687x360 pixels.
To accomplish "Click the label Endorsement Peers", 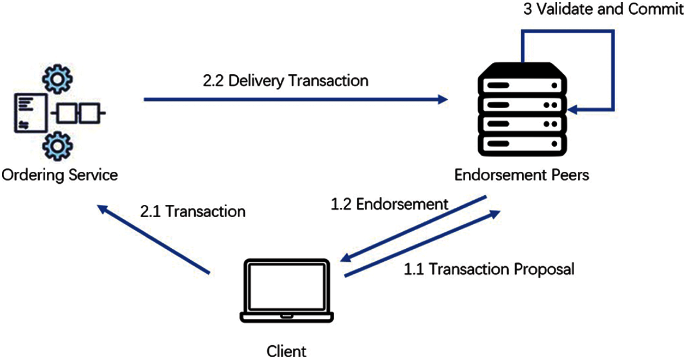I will tap(521, 176).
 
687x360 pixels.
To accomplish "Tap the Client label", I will tap(287, 350).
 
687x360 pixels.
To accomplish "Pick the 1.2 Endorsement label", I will tap(389, 204).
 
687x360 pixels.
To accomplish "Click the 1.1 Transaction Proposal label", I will tap(489, 269).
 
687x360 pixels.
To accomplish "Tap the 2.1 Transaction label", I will tap(192, 212).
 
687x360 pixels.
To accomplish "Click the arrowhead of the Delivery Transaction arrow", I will tap(442, 99).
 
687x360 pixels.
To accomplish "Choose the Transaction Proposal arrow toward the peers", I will tap(423, 243).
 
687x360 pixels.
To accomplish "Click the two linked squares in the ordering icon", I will tap(76, 115).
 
